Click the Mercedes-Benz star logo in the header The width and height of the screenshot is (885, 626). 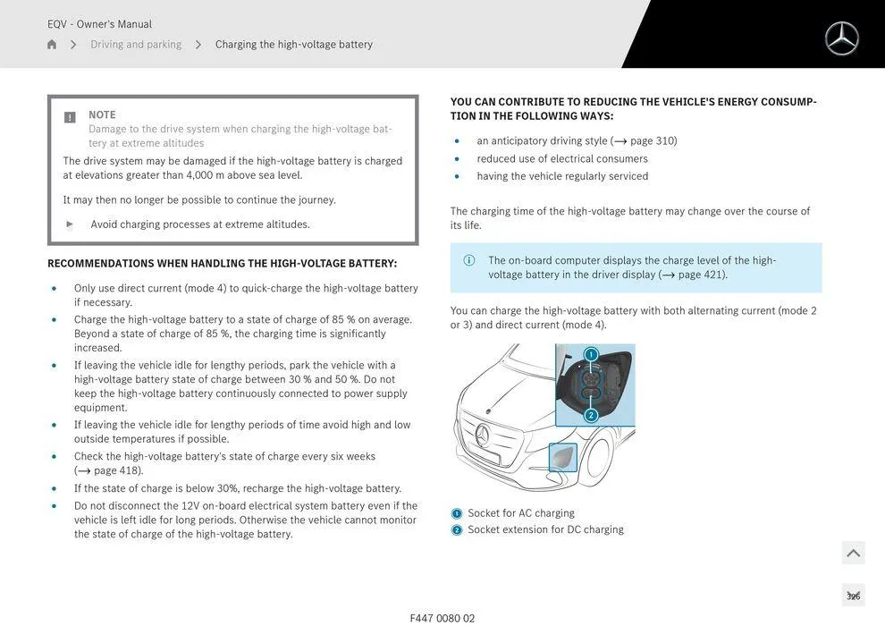point(841,38)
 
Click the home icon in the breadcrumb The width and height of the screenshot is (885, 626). point(52,45)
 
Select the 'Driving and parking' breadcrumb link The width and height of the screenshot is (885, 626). point(136,45)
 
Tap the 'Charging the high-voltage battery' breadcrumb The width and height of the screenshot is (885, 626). point(294,45)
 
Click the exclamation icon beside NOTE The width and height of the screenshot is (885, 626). point(70,117)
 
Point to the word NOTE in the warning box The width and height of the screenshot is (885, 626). point(102,115)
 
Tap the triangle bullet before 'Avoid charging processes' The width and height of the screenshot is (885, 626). point(70,224)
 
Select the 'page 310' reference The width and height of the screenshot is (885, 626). point(653,141)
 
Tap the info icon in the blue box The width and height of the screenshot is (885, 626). point(469,260)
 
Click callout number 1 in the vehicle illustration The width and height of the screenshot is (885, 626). point(591,355)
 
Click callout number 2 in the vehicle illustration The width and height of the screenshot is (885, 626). point(591,415)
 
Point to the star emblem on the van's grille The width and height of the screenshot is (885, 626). point(483,436)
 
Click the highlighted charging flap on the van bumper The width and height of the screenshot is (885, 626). point(563,457)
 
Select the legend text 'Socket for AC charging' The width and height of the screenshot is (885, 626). point(521,513)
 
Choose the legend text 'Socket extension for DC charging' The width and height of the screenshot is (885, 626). point(545,529)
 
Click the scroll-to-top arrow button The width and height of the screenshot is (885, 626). point(853,554)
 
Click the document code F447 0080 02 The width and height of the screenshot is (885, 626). point(442,618)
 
